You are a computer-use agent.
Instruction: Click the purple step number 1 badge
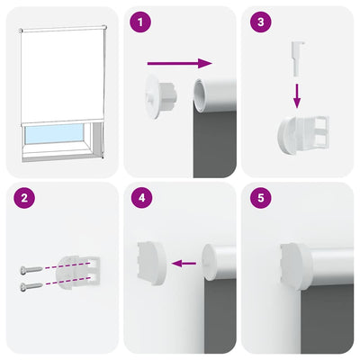[x=139, y=23]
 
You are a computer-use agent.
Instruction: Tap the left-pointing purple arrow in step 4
[x=185, y=264]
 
